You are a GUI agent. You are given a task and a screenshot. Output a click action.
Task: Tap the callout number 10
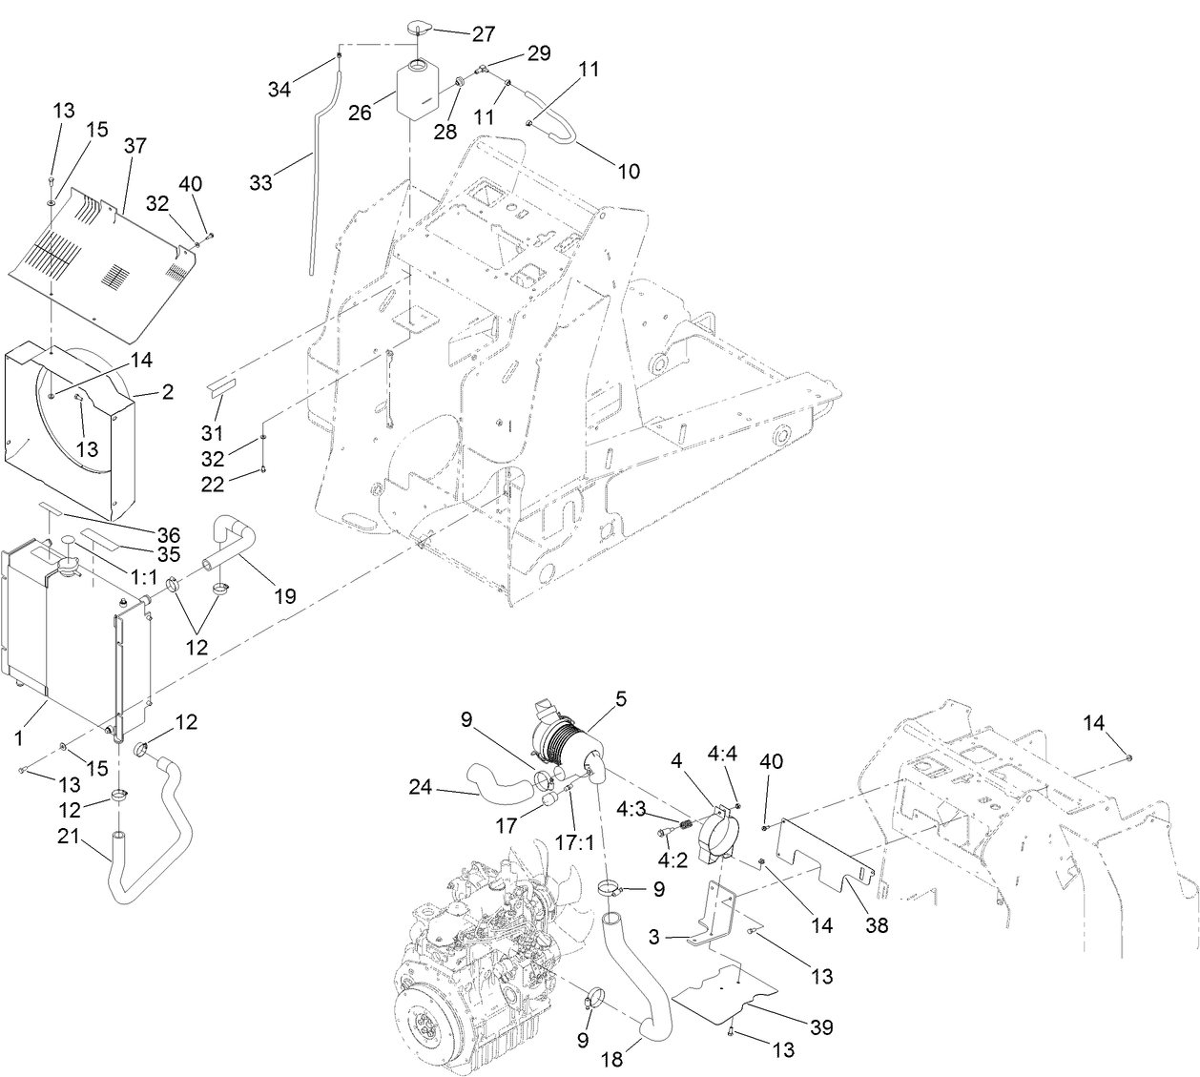pos(629,172)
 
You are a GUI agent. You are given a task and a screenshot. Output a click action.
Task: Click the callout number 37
pos(135,145)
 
